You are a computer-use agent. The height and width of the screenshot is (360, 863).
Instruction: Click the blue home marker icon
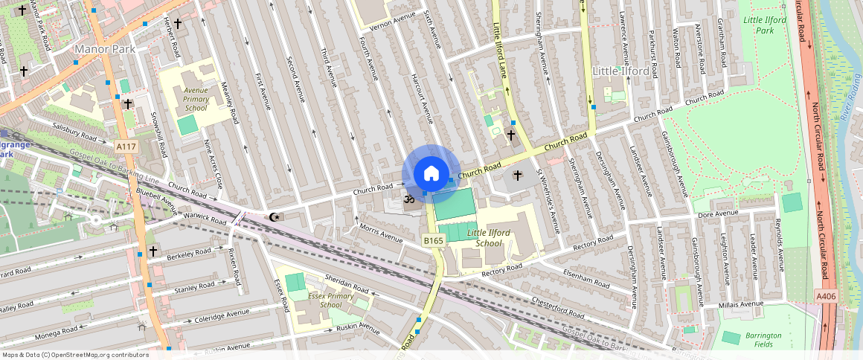(x=431, y=174)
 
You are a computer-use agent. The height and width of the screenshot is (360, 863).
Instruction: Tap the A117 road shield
(x=126, y=147)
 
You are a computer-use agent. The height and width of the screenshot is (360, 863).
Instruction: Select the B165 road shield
(x=433, y=240)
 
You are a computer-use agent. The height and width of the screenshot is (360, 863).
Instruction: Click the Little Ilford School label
(x=488, y=238)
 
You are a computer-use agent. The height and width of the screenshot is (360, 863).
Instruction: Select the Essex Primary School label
(x=331, y=300)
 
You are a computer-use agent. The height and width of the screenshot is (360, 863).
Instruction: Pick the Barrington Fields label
(x=763, y=339)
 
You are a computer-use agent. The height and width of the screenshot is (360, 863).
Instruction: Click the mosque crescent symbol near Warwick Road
(x=274, y=216)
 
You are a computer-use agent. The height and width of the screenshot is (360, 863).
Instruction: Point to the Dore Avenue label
(x=717, y=214)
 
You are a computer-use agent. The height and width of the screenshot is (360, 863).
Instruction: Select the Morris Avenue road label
(x=380, y=232)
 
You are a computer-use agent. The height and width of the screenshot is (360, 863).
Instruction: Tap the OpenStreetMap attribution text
(x=75, y=355)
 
